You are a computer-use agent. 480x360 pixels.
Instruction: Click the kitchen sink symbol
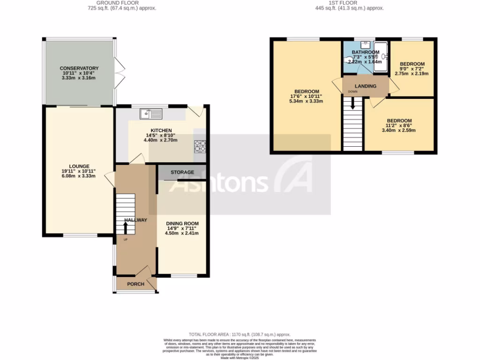(150, 113)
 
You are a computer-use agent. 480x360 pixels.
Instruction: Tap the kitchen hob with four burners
(200, 147)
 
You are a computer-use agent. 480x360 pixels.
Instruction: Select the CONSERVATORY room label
(79, 68)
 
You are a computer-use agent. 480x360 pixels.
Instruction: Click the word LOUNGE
(79, 166)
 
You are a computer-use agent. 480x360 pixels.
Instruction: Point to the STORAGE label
(182, 172)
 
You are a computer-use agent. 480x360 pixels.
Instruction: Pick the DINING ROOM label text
(182, 224)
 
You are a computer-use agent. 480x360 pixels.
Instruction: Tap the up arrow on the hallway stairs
(126, 227)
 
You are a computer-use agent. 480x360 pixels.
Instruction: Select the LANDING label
(366, 86)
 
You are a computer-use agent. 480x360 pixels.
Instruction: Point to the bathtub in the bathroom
(381, 57)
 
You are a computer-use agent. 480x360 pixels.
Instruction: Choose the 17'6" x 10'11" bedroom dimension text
(307, 96)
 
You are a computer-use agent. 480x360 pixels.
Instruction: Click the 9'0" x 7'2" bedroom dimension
(412, 69)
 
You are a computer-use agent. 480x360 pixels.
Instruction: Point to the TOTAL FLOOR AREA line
(240, 334)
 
